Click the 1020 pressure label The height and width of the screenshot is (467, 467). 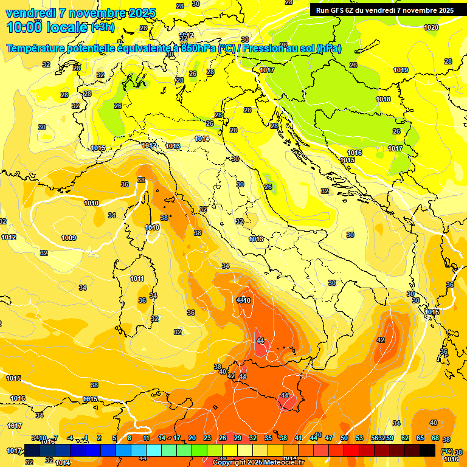pos(431,27)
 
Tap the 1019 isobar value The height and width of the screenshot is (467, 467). pos(400,70)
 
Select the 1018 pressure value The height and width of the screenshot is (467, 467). pos(383,99)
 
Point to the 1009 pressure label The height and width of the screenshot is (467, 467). pos(69,238)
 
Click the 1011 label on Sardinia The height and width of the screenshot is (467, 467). pos(137,278)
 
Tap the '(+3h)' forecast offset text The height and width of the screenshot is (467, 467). pos(102,27)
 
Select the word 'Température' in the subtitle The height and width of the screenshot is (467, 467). pos(37,49)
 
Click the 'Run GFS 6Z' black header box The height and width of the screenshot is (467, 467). pos(384,10)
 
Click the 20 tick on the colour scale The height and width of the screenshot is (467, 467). pos(192,438)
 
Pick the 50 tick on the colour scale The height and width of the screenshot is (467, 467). pos(344,438)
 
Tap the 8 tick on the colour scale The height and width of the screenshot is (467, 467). pos(130,438)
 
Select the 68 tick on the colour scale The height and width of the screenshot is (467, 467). pos(435,438)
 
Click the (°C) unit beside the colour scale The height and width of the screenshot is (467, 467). pos(446,452)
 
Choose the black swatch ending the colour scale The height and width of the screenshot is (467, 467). pos(427,450)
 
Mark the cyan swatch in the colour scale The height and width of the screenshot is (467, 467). pos(154,450)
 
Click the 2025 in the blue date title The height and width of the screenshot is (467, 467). pos(137,13)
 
